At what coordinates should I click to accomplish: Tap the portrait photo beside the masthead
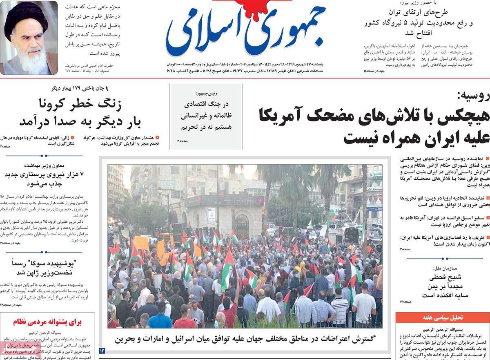tap(29, 38)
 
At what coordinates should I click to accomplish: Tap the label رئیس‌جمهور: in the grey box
tap(207, 93)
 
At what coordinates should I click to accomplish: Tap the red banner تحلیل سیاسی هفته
tap(442, 317)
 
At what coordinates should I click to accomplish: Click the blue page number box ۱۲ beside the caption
tap(102, 351)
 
